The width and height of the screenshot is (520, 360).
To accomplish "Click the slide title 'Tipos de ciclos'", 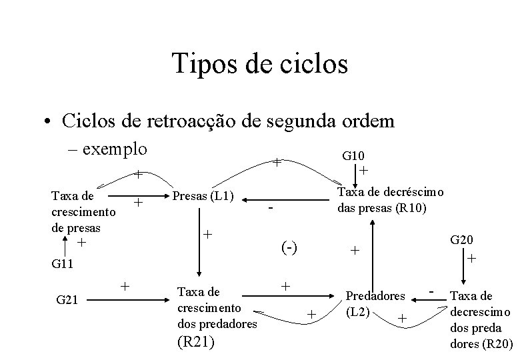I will click(x=259, y=65).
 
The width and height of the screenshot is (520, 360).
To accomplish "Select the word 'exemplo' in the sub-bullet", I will click(x=115, y=147).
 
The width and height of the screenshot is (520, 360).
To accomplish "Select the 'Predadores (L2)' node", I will click(x=374, y=302).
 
